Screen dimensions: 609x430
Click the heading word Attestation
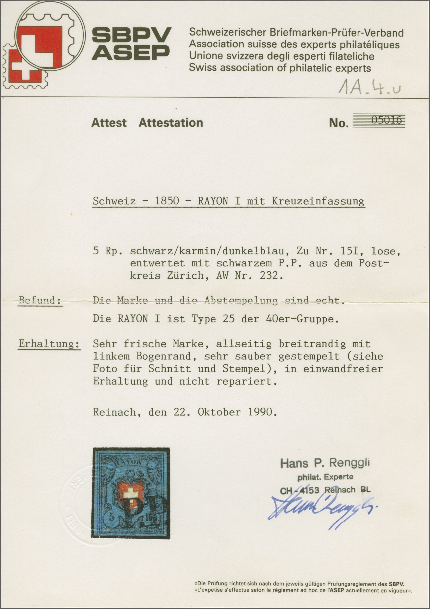(171, 123)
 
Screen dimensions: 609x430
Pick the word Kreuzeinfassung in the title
(318, 201)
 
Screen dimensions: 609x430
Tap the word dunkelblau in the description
(256, 251)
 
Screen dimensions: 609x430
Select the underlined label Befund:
(40, 301)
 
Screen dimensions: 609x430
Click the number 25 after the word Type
(228, 319)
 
